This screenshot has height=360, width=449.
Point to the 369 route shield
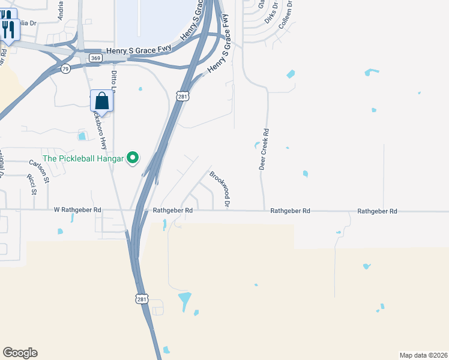[x=95, y=58]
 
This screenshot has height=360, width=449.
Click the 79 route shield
[x=65, y=69]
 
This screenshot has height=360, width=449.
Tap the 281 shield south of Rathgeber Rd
[x=142, y=299]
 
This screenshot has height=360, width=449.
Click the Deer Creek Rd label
[x=263, y=148]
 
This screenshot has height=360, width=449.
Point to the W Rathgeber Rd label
[x=78, y=211]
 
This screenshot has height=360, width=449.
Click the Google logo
[x=20, y=353]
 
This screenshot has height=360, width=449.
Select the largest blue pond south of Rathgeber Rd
[x=185, y=298]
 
